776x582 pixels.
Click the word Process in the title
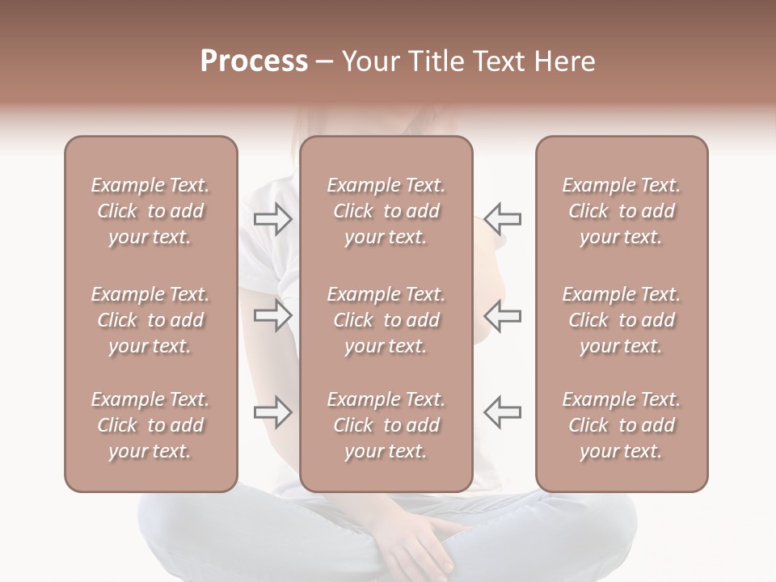(254, 61)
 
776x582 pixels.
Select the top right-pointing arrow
(273, 218)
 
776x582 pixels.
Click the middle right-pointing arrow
(273, 315)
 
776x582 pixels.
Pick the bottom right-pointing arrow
(273, 412)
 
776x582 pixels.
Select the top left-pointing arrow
(502, 218)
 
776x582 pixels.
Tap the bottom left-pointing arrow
(502, 412)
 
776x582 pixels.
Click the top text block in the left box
(150, 211)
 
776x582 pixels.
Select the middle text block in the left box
(150, 320)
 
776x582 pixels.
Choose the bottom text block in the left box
(150, 425)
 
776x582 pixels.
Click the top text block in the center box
(386, 211)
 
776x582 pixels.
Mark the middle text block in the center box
(386, 320)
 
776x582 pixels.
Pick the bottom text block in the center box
(386, 425)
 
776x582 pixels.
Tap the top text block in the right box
(622, 211)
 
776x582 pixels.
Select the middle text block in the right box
(622, 320)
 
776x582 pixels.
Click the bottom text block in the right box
(622, 425)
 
